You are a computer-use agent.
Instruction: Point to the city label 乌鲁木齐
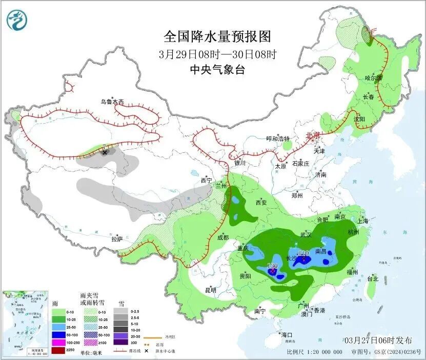click(112, 102)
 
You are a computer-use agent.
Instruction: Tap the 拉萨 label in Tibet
click(117, 239)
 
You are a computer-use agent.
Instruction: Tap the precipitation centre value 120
click(272, 266)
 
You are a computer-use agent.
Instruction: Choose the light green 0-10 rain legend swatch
click(58, 311)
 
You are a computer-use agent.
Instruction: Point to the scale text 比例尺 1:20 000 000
click(314, 352)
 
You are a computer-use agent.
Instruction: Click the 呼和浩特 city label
click(278, 139)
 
